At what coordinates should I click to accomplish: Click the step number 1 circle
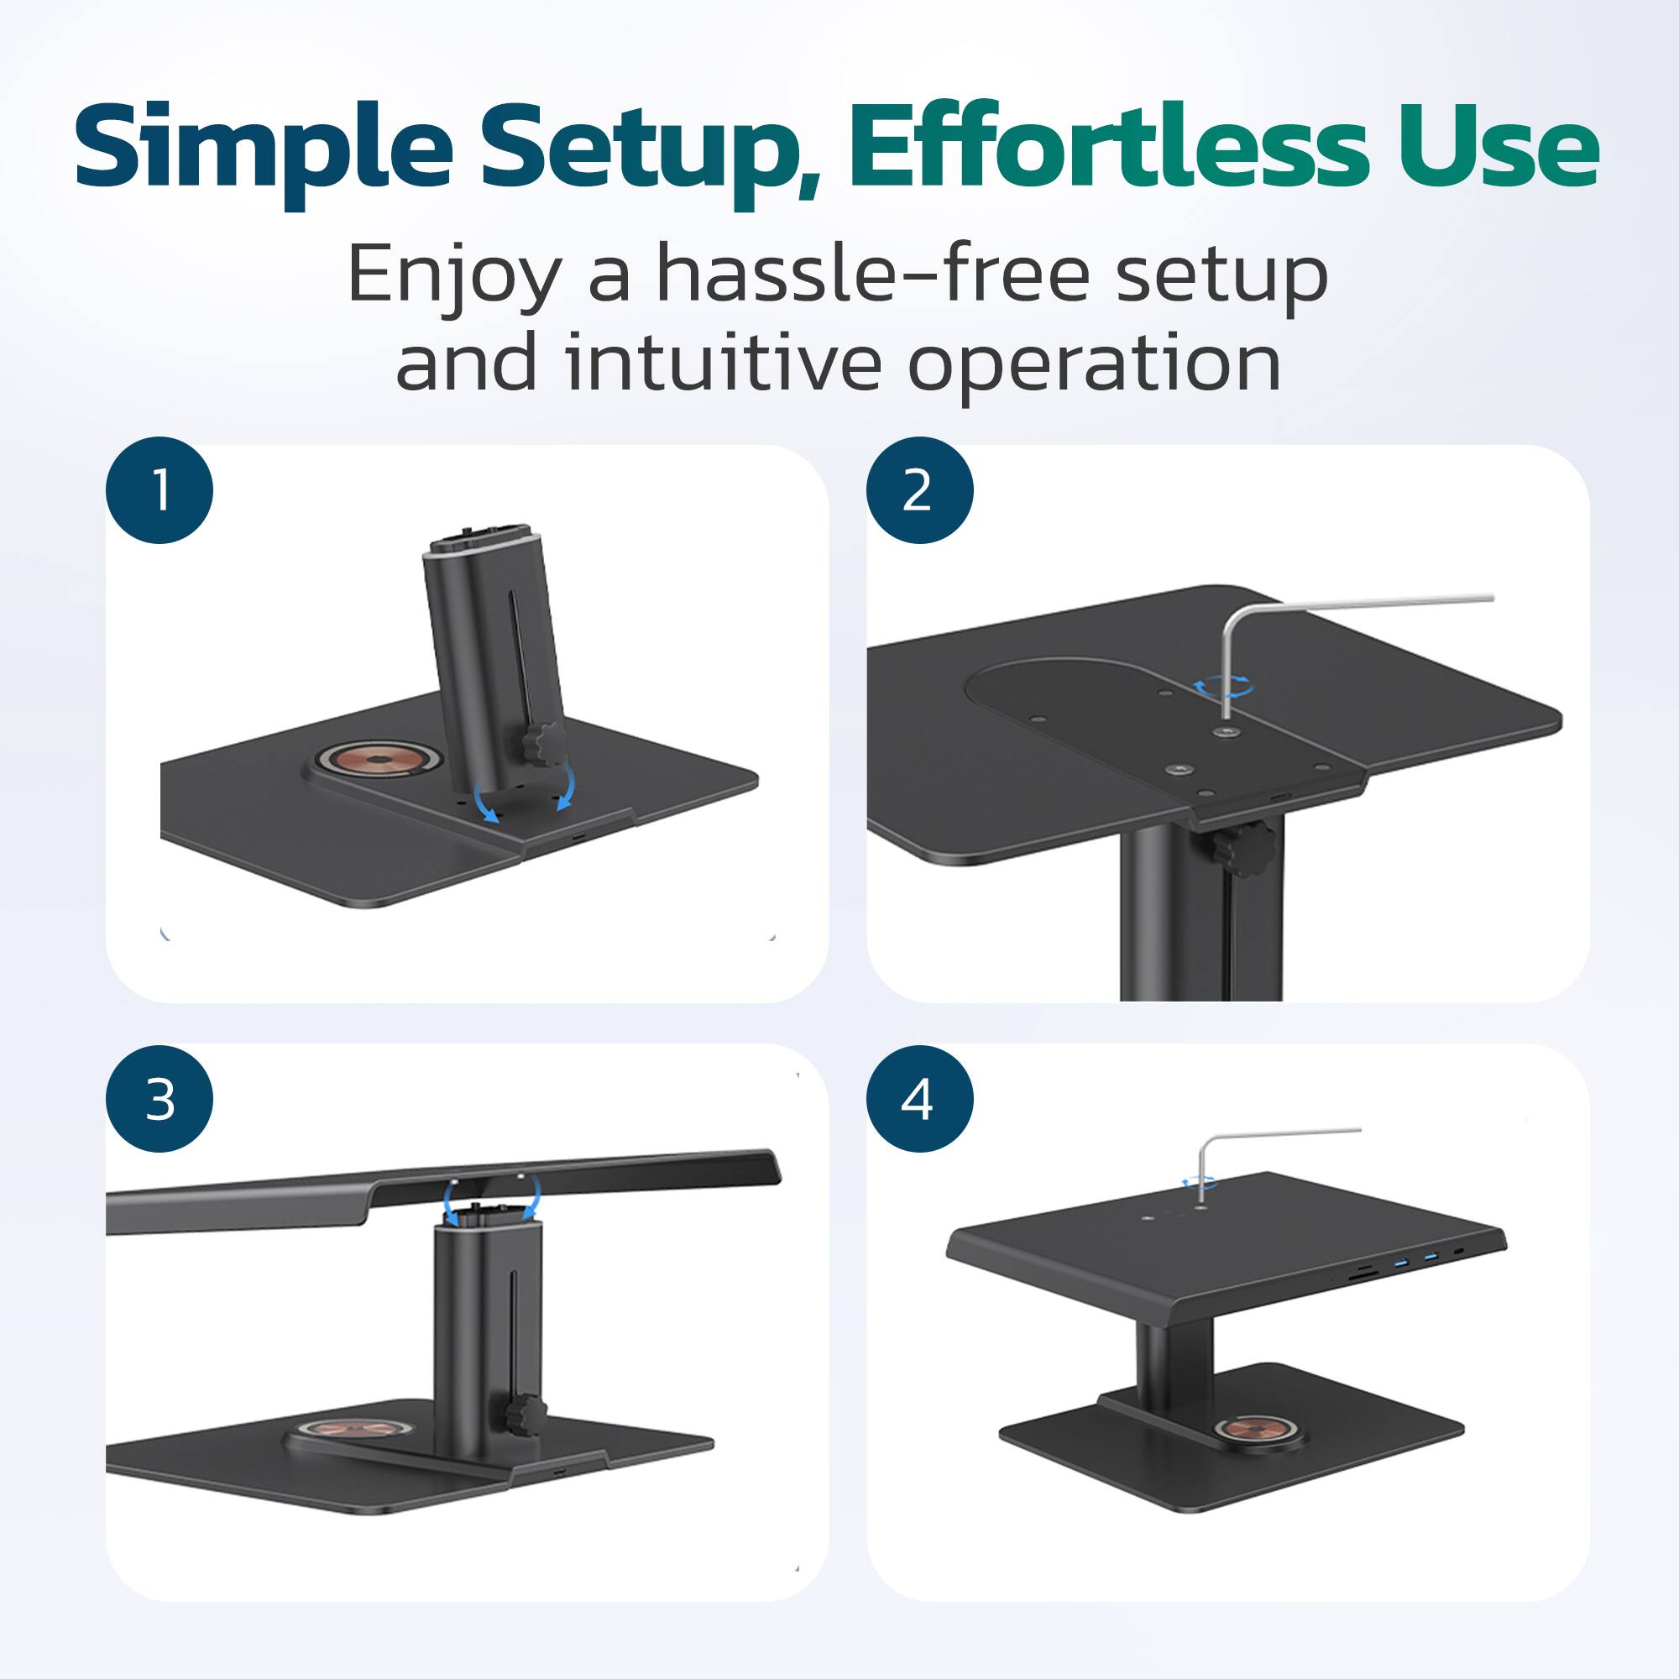(160, 490)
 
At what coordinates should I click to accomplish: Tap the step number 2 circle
(919, 490)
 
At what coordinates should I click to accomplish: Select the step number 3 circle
(160, 1100)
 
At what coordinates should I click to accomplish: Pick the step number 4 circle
(919, 1100)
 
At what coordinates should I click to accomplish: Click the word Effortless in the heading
(1108, 146)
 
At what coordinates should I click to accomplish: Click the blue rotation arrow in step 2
(1223, 687)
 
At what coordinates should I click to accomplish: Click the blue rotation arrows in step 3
(491, 1199)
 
